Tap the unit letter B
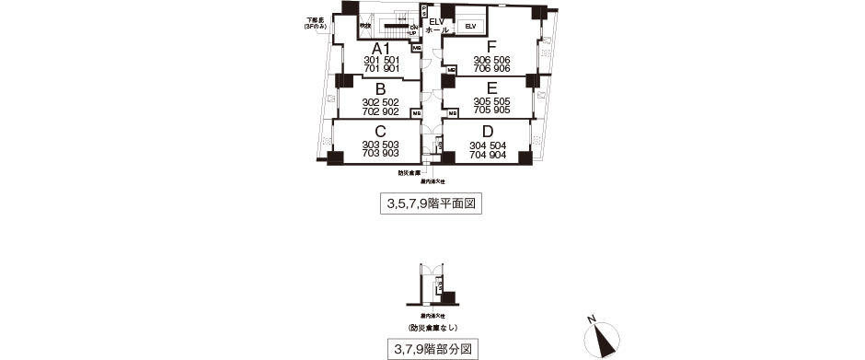tap(379, 89)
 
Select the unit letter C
tap(379, 132)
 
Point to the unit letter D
tap(488, 132)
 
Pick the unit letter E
tap(491, 89)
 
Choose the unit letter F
tap(491, 47)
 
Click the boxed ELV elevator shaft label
tap(470, 26)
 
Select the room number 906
tap(502, 69)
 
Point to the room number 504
tap(502, 145)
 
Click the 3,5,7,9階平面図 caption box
tap(431, 204)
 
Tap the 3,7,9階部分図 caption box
tap(431, 349)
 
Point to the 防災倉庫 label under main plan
tap(409, 173)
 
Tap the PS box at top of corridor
tap(422, 12)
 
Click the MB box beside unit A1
tap(417, 48)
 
